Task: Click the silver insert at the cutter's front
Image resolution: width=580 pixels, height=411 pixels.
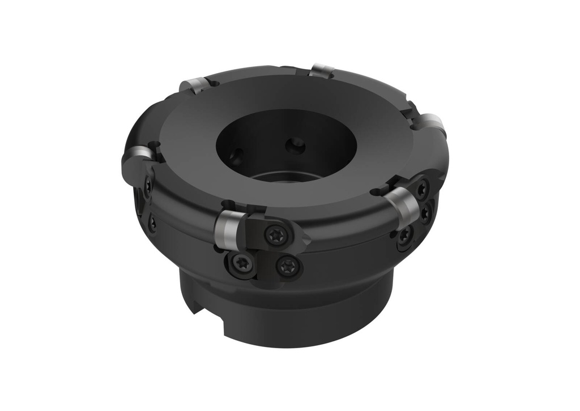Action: coord(228,229)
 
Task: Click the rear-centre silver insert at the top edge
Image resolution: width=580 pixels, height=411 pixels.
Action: coord(322,71)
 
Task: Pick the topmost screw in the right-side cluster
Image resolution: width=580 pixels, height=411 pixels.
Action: coord(422,189)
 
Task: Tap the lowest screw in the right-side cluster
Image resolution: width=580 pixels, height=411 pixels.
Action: coord(403,237)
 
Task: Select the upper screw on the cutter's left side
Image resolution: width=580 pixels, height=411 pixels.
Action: coord(147,185)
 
